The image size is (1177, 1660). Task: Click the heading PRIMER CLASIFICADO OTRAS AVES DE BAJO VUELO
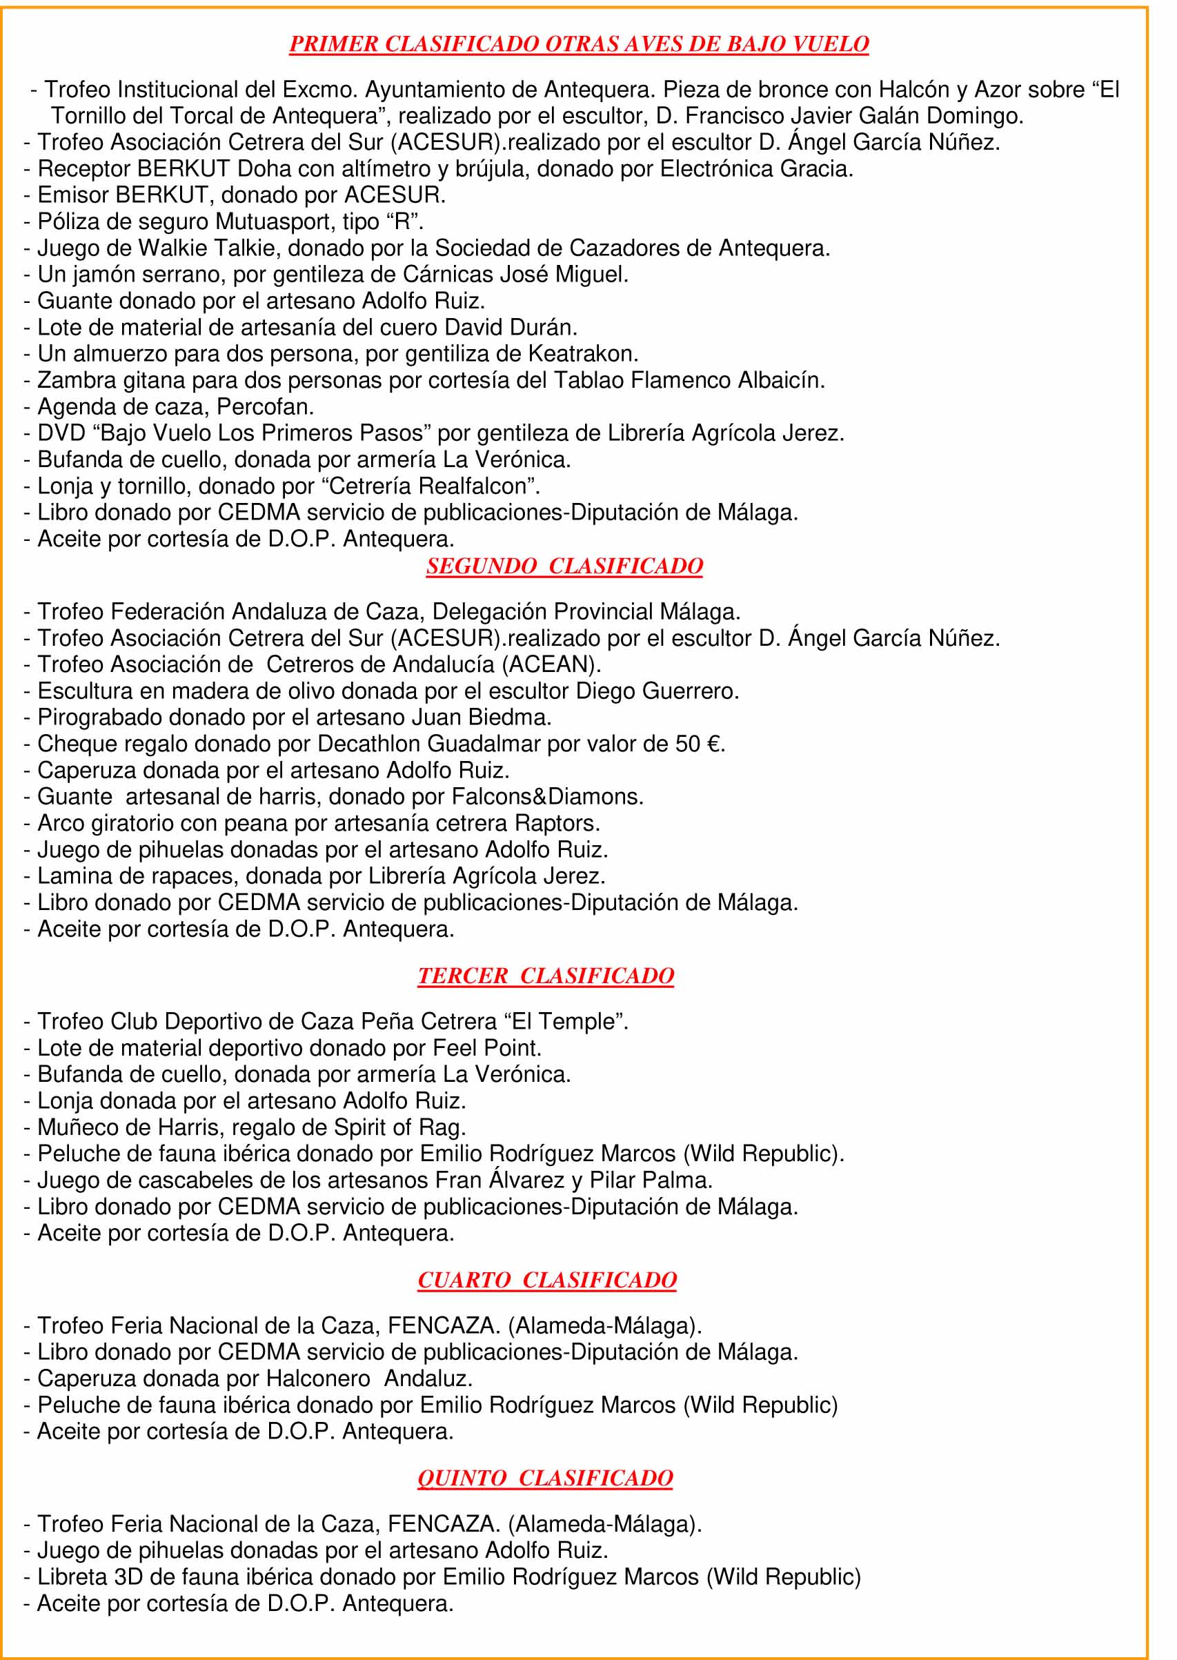578,44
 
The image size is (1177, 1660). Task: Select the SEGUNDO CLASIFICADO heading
564,566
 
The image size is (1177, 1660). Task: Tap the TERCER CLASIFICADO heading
545,976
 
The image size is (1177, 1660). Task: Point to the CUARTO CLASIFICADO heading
546,1281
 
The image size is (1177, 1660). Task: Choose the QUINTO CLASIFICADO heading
545,1478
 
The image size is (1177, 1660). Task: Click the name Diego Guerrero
657,691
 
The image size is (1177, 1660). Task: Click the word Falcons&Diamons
546,797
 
